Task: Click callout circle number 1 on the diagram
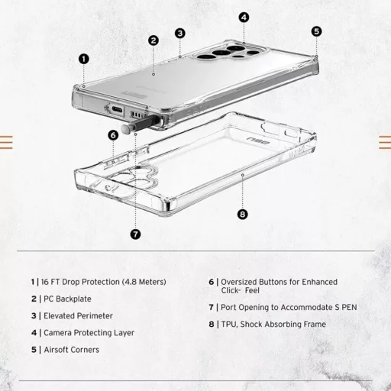point(84,59)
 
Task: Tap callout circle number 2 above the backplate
point(153,40)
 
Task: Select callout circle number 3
point(180,34)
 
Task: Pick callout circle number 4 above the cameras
point(244,18)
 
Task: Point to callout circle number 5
point(316,31)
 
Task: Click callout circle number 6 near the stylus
point(113,135)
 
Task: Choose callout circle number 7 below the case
point(135,234)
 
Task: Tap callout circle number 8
point(242,214)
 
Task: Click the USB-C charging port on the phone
point(118,110)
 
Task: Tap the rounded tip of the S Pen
point(124,129)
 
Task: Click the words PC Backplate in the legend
point(67,299)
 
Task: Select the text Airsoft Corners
point(72,350)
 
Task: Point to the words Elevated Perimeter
point(78,316)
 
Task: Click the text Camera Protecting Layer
point(89,333)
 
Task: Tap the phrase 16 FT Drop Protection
point(80,282)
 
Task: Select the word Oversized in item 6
point(239,282)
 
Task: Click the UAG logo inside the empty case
point(259,141)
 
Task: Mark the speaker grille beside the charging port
point(137,115)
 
